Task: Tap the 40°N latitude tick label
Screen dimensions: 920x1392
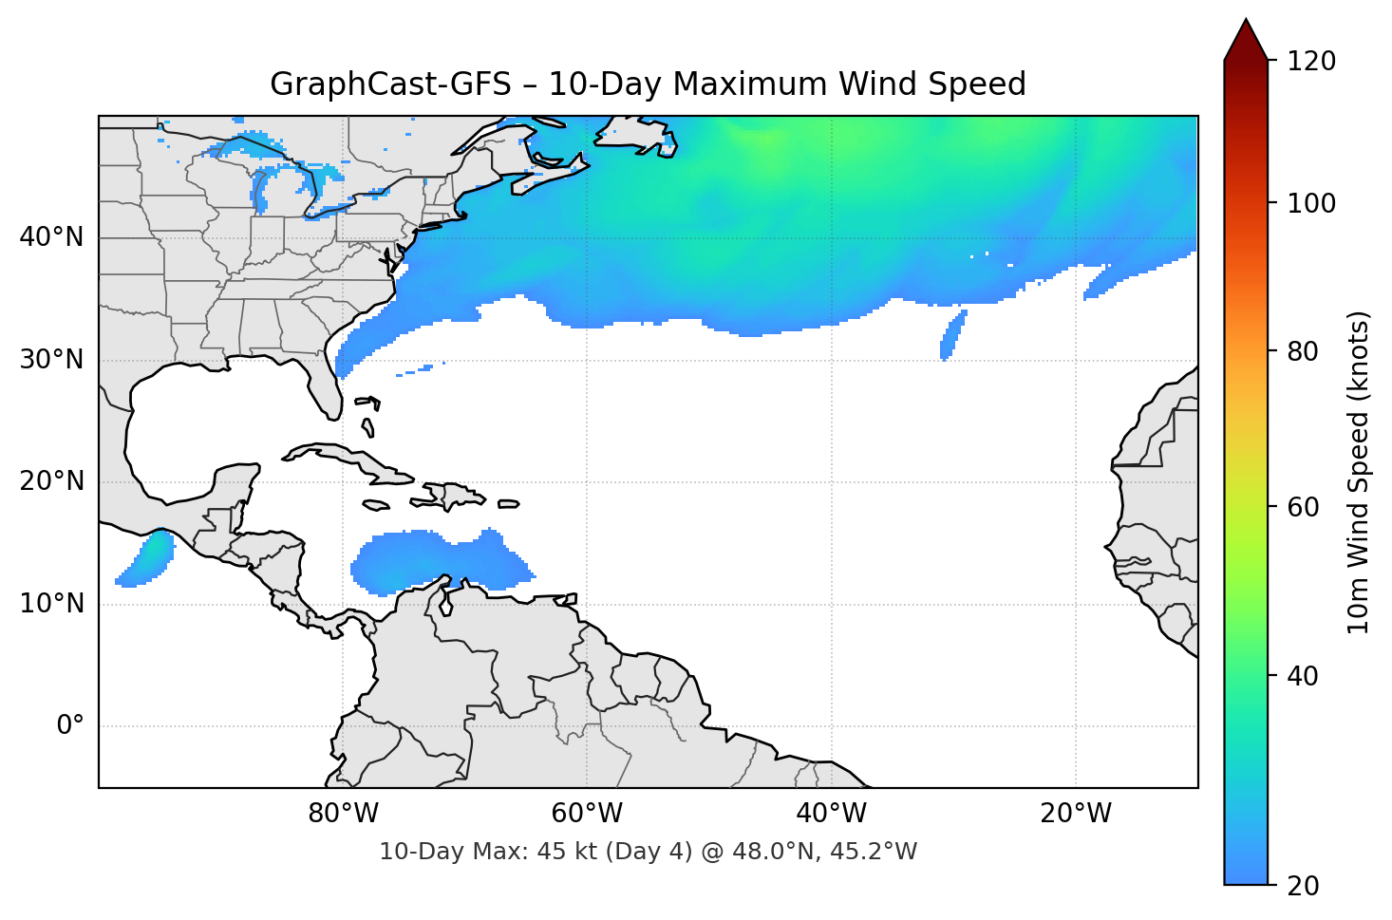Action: coord(51,237)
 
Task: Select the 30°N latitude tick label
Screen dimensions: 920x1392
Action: coord(51,360)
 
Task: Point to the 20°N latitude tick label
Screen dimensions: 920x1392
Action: coord(51,481)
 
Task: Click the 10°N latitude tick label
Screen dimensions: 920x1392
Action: coord(51,604)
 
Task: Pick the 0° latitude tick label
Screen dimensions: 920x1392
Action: coord(69,726)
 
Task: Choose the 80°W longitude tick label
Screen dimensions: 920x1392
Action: coord(343,814)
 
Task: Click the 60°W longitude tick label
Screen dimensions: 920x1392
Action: coord(587,814)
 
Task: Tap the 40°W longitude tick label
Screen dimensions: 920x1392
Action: coord(831,814)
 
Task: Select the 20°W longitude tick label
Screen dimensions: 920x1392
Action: coord(1075,814)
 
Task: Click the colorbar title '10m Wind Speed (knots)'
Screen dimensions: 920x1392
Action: coord(1359,472)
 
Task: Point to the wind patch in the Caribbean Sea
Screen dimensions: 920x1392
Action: coord(437,562)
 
